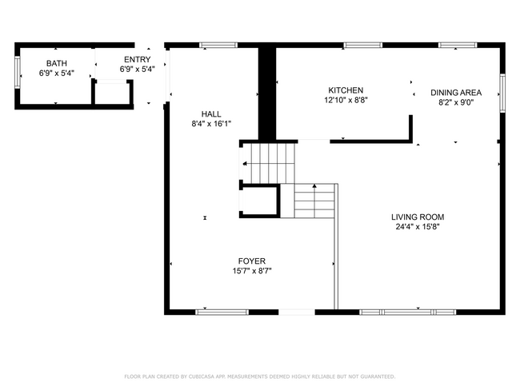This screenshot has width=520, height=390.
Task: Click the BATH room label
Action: click(56, 62)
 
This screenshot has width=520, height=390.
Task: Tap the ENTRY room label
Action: click(137, 60)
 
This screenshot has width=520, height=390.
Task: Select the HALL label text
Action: click(211, 114)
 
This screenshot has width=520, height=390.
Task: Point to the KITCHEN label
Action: click(346, 90)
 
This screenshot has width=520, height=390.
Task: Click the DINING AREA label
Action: click(455, 93)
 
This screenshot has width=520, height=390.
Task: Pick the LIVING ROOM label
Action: click(417, 217)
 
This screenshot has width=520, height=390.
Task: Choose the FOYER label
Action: click(251, 261)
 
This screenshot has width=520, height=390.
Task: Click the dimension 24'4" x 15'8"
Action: click(417, 227)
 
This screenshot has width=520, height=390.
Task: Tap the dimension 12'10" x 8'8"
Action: click(346, 101)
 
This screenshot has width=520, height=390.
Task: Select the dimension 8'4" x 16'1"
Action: click(211, 125)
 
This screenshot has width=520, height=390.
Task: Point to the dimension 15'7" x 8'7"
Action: click(251, 271)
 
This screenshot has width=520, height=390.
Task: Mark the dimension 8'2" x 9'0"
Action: click(455, 102)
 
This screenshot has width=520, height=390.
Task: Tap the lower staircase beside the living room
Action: click(314, 201)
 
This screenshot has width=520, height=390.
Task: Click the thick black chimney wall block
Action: click(266, 92)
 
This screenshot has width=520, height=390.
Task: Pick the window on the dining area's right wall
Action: click(502, 92)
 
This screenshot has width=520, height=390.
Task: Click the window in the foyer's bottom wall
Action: click(211, 312)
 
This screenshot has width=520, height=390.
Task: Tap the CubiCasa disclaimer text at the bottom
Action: click(260, 376)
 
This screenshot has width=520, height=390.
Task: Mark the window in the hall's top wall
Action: click(213, 45)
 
